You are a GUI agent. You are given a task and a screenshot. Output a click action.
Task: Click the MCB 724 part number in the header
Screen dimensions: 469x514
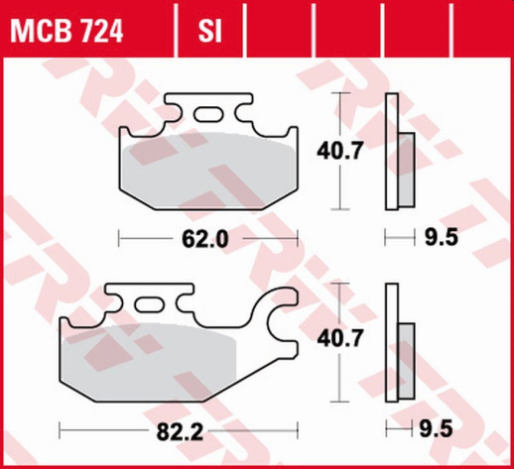[x=66, y=34]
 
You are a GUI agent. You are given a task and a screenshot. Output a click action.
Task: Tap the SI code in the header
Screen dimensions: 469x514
[x=208, y=34]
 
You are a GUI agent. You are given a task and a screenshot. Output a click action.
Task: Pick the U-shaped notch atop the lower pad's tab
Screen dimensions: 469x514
[x=127, y=293]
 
